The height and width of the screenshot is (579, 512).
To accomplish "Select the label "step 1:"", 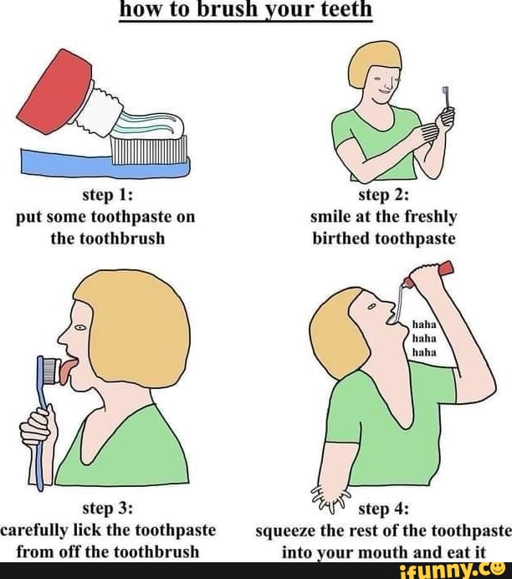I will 105,196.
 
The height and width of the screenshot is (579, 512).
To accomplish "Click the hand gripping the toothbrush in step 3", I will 38,428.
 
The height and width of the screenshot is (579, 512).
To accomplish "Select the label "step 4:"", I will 384,508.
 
